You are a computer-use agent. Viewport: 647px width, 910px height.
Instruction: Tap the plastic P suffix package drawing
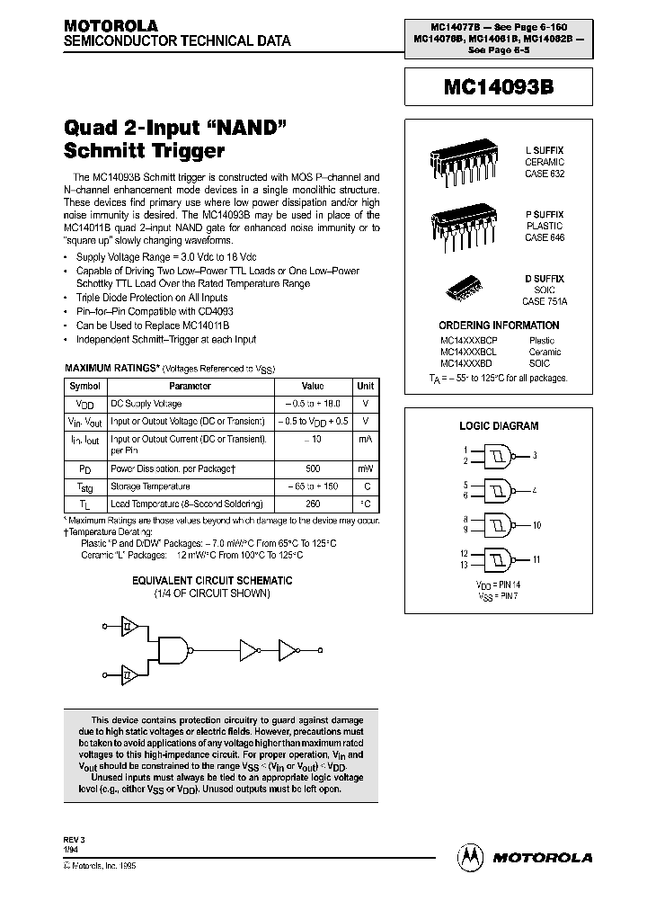tap(457, 219)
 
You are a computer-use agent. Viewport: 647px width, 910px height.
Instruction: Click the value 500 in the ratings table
tap(312, 468)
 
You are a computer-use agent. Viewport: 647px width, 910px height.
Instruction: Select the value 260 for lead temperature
tap(312, 504)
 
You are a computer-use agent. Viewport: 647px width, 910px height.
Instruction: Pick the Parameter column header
tap(190, 386)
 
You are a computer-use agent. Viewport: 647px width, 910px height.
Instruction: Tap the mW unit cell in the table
tap(365, 468)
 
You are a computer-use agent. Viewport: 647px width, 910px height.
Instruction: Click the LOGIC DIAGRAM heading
tap(499, 426)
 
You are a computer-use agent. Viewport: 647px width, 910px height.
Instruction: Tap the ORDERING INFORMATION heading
tap(499, 326)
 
